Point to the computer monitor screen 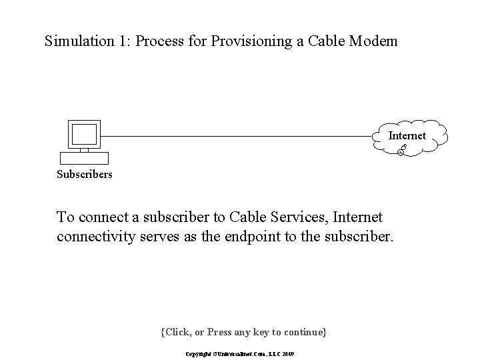[85, 135]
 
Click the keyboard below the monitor [84, 158]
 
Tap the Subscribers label [85, 175]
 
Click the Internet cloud [407, 137]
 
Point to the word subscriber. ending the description [361, 236]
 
